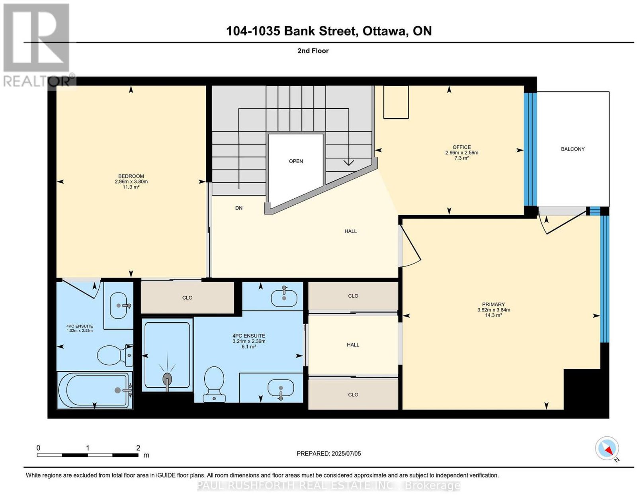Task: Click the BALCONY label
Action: pyautogui.click(x=573, y=149)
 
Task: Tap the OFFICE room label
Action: pyautogui.click(x=461, y=147)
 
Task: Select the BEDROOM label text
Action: pyautogui.click(x=131, y=176)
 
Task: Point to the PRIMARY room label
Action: pyautogui.click(x=493, y=304)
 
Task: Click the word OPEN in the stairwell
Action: pyautogui.click(x=296, y=161)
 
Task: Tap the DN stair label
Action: pyautogui.click(x=238, y=208)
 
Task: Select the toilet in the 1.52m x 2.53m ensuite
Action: pyautogui.click(x=115, y=355)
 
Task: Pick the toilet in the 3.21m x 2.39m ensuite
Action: pyautogui.click(x=214, y=384)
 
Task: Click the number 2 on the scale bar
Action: pyautogui.click(x=138, y=448)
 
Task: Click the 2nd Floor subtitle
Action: pyautogui.click(x=313, y=51)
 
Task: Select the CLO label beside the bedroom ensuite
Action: pyautogui.click(x=188, y=298)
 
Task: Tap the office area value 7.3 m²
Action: pyautogui.click(x=461, y=158)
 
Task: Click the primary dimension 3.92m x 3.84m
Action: pyautogui.click(x=494, y=310)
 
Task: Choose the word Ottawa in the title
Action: pyautogui.click(x=384, y=31)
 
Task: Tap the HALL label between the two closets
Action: pyautogui.click(x=353, y=345)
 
